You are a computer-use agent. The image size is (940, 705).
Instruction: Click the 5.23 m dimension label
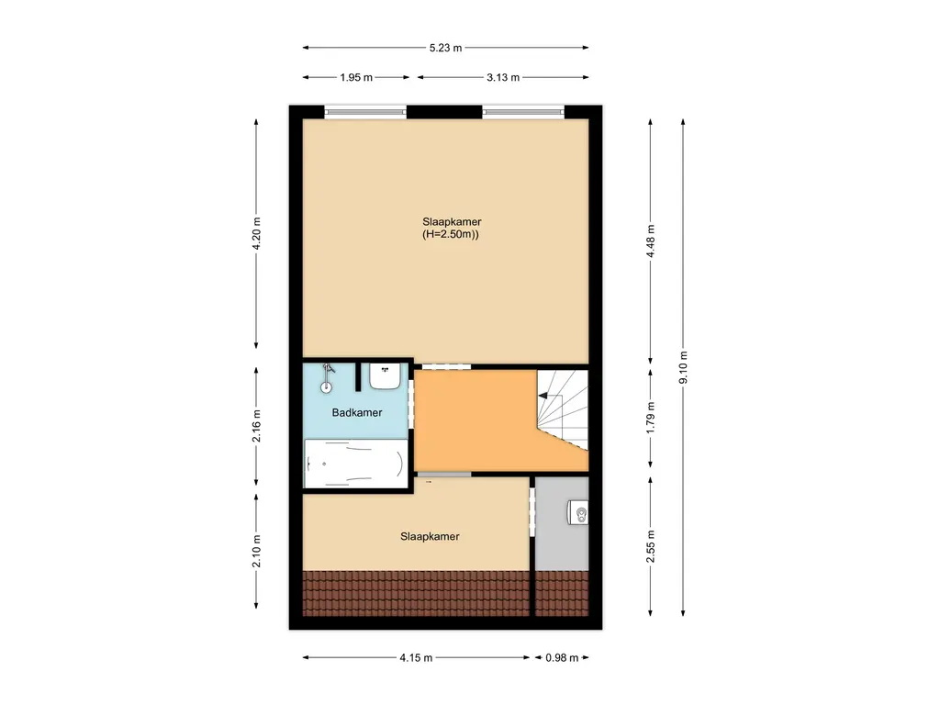(445, 48)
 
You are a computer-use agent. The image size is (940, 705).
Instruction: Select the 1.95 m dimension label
(356, 78)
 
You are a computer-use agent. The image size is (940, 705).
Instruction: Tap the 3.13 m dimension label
(503, 78)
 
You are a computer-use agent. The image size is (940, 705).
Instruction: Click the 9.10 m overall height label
(684, 368)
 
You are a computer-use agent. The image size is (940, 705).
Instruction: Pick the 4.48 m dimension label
(651, 241)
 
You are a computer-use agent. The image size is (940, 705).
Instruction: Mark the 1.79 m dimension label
(651, 418)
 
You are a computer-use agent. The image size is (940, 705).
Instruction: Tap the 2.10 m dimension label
(257, 551)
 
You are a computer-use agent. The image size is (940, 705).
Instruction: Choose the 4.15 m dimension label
(416, 658)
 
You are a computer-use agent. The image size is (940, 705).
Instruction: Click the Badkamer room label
(357, 413)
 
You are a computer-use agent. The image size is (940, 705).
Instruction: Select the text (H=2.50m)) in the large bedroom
(452, 235)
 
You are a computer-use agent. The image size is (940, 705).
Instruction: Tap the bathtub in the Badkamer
(355, 463)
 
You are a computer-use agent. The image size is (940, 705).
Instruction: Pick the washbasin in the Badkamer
(384, 375)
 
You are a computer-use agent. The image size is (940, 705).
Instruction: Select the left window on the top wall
(365, 113)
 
